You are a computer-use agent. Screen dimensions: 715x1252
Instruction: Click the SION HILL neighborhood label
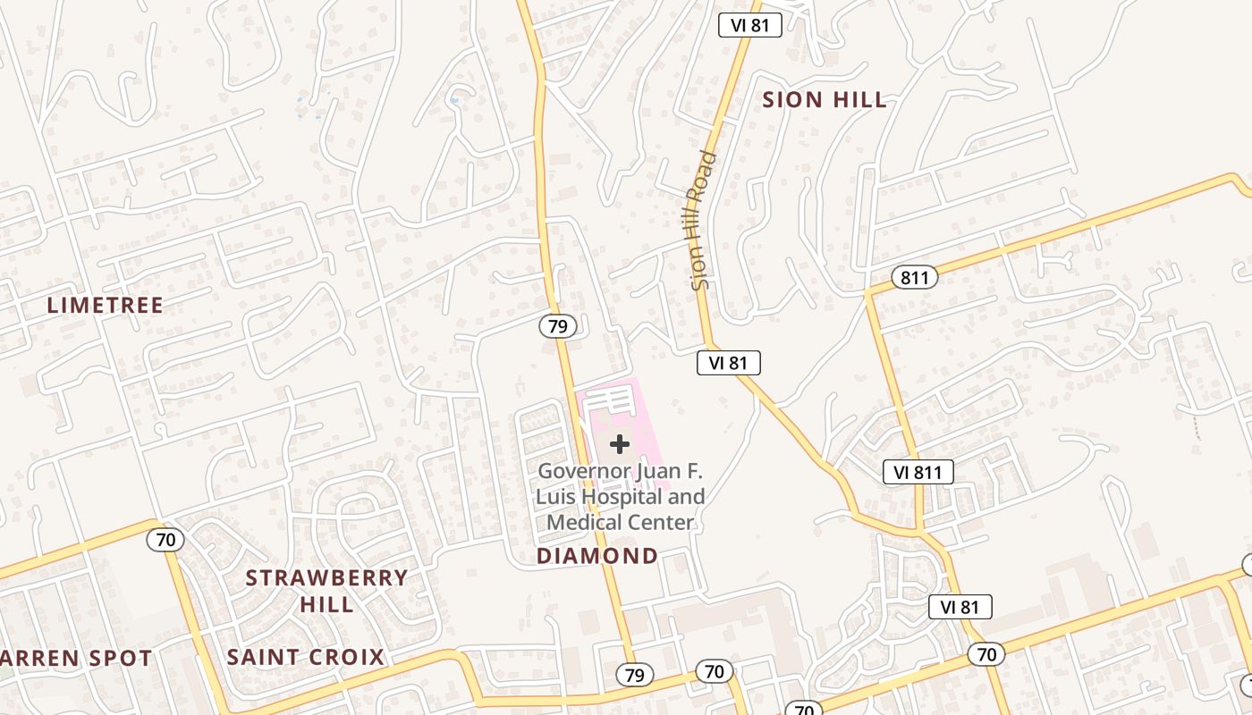pos(825,100)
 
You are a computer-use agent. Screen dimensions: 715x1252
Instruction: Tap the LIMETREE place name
pos(106,306)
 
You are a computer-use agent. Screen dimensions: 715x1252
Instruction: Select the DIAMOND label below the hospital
pos(597,556)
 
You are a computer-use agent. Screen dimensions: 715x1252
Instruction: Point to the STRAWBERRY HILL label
pos(326,591)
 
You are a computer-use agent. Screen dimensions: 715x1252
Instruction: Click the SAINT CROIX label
pos(305,658)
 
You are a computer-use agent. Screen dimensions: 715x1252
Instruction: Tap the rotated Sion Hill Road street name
pos(705,220)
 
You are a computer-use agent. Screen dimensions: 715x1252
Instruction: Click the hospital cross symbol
pos(620,444)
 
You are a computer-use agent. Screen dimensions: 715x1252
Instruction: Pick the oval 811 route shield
pos(914,278)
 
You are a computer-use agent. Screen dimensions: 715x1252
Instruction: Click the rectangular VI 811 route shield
pos(918,472)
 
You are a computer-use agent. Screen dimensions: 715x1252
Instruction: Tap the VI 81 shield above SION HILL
pos(750,25)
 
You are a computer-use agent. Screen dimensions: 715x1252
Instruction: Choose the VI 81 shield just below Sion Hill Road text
pos(729,362)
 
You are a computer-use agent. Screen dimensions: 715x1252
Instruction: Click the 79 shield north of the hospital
pos(557,326)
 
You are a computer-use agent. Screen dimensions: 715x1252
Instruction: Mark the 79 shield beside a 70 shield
pos(634,675)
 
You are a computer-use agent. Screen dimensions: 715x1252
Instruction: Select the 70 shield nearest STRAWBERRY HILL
pos(165,540)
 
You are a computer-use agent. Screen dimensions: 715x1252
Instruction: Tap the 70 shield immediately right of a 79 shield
pos(714,671)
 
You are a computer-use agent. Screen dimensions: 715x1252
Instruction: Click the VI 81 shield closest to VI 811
pos(960,608)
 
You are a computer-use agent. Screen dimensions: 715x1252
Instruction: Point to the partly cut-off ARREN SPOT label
pos(76,659)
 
